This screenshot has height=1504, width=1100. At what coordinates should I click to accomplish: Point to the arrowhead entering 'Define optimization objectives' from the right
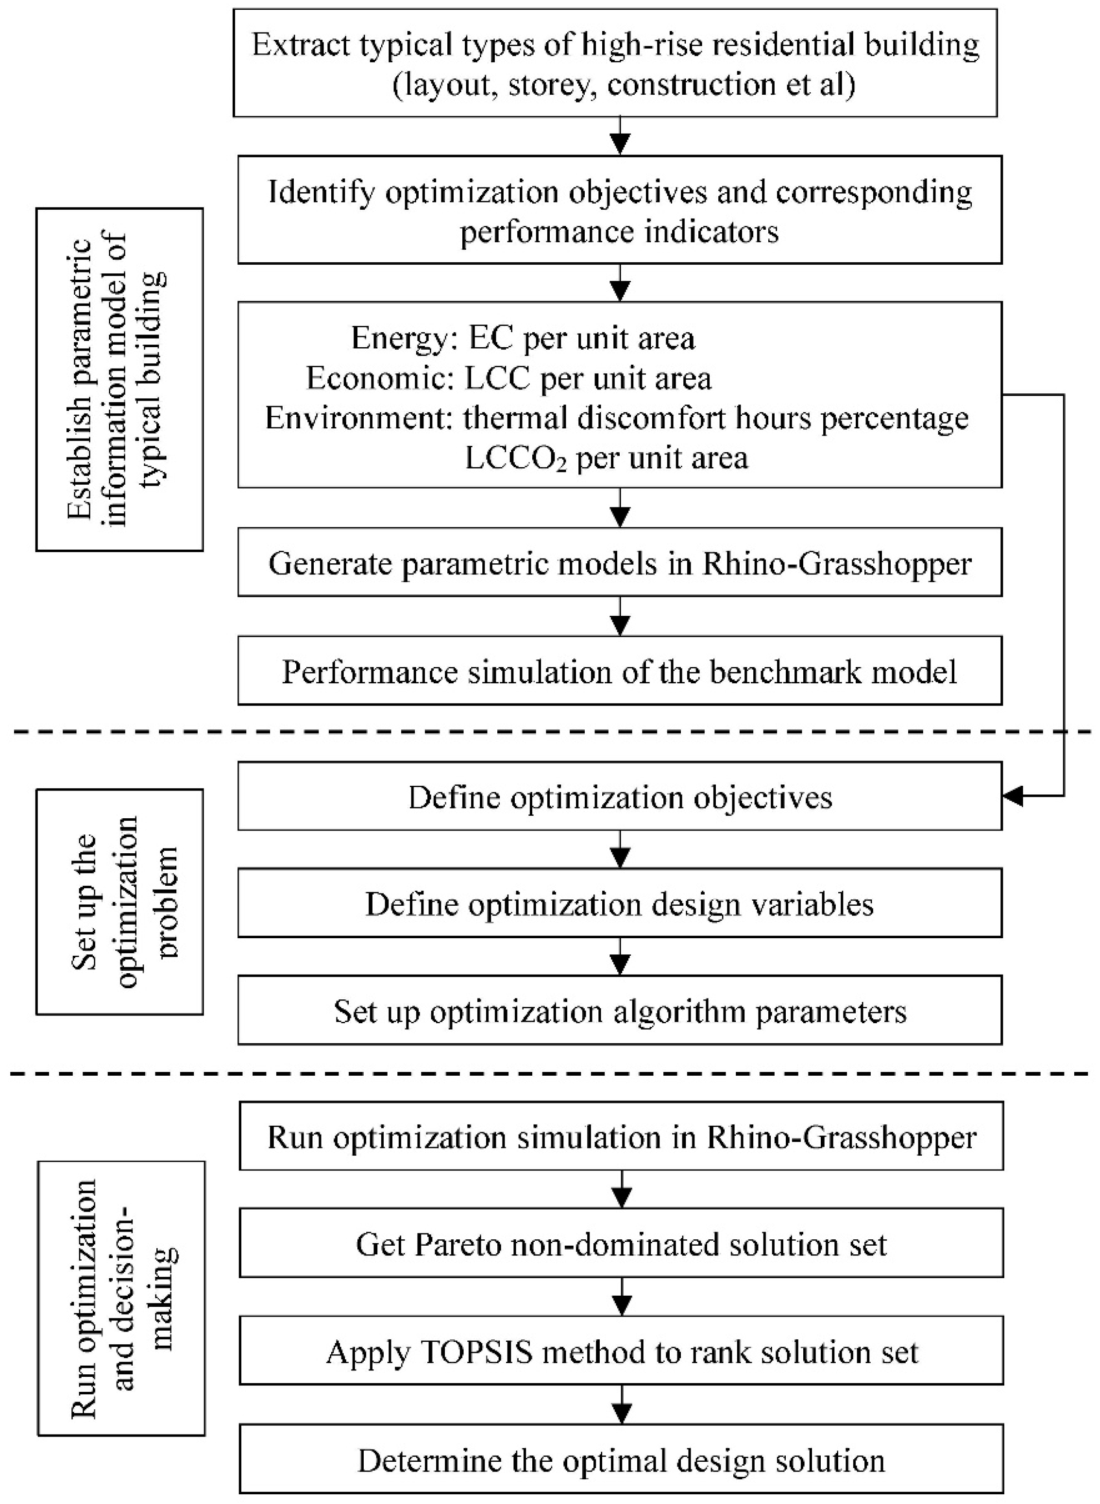point(1013,796)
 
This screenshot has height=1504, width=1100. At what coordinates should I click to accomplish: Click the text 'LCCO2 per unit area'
point(606,459)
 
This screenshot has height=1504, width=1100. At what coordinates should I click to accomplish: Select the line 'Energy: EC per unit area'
point(523,338)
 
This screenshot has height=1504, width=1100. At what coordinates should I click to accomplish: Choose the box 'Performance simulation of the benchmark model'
point(619,672)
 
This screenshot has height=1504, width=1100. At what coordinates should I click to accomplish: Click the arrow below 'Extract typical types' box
point(620,137)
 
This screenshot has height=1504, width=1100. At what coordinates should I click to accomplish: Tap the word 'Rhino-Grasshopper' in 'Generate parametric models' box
point(837,564)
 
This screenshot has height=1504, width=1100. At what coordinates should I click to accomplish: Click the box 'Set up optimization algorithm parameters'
point(619,1011)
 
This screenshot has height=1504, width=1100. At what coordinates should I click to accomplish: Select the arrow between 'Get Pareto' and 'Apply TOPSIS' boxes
point(621,1296)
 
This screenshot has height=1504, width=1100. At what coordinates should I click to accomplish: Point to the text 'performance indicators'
point(619,232)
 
